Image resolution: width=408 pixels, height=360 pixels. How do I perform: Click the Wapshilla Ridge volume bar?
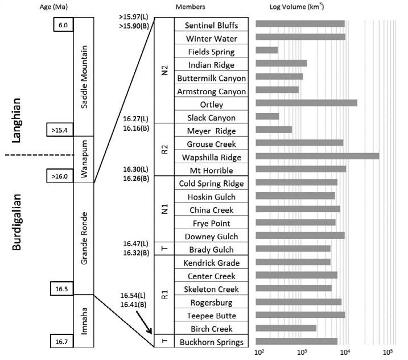click(x=318, y=156)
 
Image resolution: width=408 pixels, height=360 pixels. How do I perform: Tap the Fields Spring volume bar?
click(x=267, y=51)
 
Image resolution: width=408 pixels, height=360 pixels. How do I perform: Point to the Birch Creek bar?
click(x=286, y=328)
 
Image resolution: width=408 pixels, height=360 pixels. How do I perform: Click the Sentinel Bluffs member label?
click(x=211, y=26)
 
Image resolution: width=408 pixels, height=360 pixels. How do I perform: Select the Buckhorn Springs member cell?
click(x=211, y=342)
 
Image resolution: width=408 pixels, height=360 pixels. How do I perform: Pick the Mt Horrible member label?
click(x=211, y=170)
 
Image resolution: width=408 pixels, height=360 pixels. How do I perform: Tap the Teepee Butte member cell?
click(x=211, y=316)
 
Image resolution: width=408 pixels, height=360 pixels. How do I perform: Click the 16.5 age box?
click(x=62, y=288)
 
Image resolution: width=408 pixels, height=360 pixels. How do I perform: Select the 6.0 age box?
click(x=62, y=25)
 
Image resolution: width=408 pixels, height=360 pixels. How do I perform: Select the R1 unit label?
click(x=164, y=295)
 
